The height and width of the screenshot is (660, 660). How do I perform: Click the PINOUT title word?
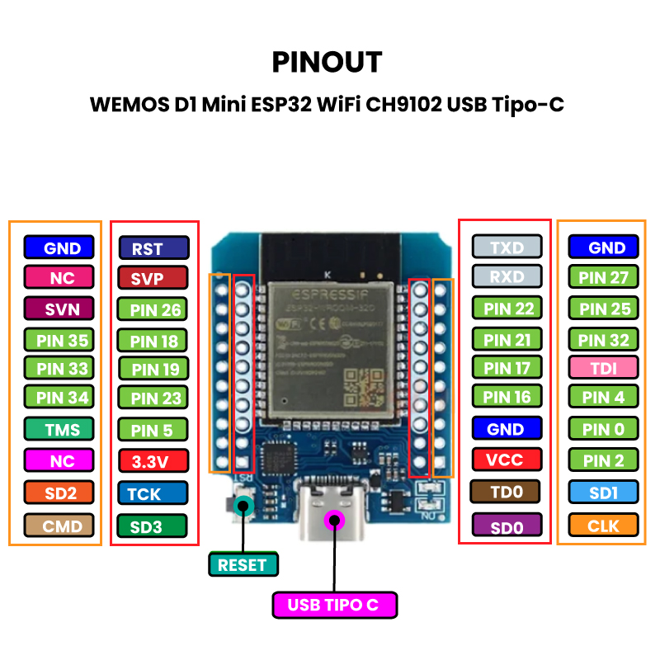pos(328,62)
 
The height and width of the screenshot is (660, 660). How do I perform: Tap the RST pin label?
pos(153,248)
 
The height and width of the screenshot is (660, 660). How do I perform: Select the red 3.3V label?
pos(153,461)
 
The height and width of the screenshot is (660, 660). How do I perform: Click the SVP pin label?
pos(153,279)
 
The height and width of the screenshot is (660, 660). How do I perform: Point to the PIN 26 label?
pos(153,310)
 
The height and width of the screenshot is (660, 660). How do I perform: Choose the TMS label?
pos(59,430)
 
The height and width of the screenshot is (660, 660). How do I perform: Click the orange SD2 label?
pos(59,493)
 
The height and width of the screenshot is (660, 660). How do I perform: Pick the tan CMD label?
pos(59,525)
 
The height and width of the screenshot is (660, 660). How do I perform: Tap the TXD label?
pos(507,247)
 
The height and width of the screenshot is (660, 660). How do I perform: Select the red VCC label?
pos(507,460)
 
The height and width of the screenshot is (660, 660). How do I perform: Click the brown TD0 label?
pos(505,493)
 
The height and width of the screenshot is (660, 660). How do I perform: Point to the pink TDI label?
pos(604,368)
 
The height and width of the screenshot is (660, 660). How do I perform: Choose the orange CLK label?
pos(604,525)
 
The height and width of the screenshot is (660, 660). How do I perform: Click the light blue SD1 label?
pos(604,493)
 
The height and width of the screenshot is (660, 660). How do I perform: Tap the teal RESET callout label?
pos(243,565)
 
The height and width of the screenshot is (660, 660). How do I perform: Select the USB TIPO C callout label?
pos(333,605)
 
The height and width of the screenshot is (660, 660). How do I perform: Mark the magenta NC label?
pos(59,461)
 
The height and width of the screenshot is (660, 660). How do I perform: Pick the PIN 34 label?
pos(59,398)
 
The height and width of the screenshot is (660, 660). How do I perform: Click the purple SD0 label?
pos(507,526)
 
